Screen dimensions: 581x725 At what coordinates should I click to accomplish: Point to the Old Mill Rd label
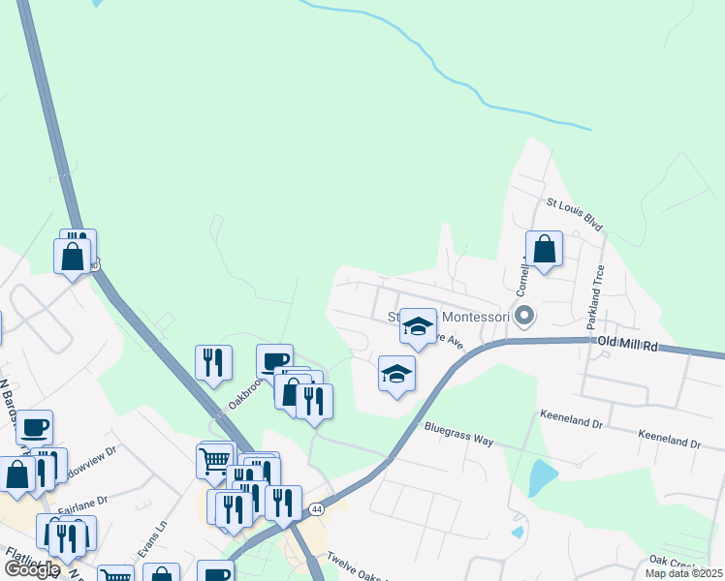[627, 344]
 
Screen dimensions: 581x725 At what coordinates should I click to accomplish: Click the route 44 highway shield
[317, 508]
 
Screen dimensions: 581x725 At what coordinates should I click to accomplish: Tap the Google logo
[31, 569]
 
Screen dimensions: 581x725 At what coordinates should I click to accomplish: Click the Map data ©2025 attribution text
[683, 572]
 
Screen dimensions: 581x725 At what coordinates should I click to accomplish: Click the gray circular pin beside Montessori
[524, 316]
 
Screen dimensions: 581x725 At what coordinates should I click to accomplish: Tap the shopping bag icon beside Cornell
[545, 249]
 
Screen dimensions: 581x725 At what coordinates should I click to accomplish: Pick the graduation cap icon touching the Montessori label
[418, 326]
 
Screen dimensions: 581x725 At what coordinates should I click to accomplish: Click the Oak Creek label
[673, 561]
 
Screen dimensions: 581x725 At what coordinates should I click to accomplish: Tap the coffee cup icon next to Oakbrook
[274, 361]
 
